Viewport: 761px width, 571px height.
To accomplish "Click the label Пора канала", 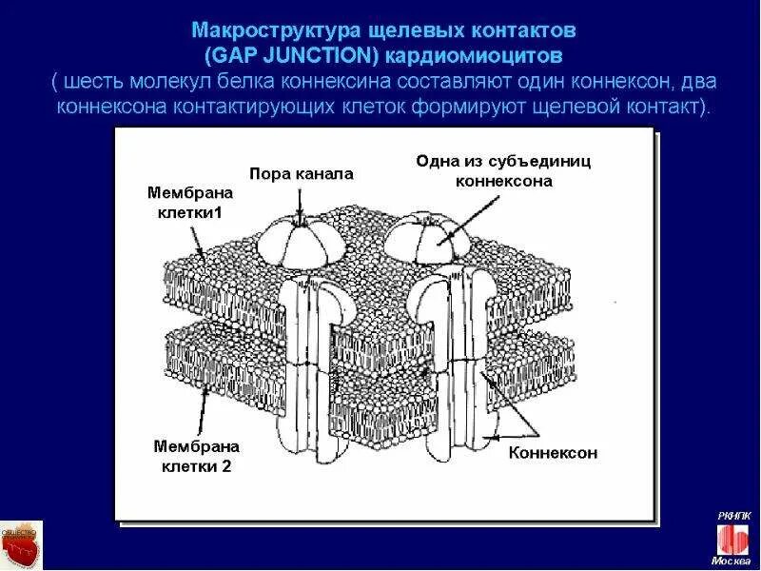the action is [x=302, y=174].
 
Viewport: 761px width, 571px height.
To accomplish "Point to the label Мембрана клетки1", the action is [x=188, y=202].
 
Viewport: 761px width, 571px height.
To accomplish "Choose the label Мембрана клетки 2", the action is [x=196, y=455].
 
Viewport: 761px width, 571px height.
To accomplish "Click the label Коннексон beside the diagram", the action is [x=553, y=453].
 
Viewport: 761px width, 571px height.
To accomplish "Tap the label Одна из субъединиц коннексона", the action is [x=504, y=170].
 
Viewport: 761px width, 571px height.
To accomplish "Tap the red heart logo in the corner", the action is [x=19, y=546].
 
